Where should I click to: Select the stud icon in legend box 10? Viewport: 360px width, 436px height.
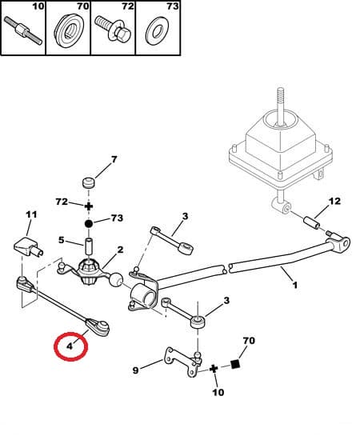pos(23,34)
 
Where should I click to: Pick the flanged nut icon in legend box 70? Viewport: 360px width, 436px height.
pos(68,34)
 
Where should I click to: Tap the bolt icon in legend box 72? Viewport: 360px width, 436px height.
pos(113,34)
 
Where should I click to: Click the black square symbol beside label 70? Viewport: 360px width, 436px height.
pos(236,367)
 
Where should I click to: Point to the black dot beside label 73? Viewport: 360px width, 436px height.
pos(90,218)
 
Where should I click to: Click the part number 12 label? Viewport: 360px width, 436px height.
pos(334,200)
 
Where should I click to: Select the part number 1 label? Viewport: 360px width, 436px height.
pos(294,285)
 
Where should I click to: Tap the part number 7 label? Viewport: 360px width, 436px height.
pos(114,159)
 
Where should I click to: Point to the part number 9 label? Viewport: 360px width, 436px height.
pos(135,370)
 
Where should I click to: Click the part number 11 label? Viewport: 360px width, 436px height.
pos(31,214)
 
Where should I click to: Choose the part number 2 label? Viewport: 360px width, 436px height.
pos(120,250)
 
